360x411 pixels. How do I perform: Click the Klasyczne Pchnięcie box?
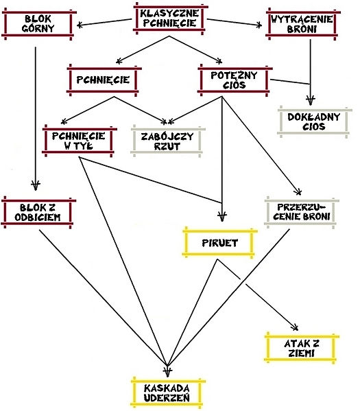tap(170, 19)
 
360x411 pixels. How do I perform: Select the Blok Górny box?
tap(39, 24)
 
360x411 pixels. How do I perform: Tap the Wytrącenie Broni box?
tap(303, 24)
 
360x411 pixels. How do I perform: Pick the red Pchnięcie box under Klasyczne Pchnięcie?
tap(104, 80)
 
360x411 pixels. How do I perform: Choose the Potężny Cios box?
tap(235, 80)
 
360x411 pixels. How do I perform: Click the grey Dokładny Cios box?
tap(315, 121)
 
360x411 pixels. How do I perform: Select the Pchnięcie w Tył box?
tap(80, 141)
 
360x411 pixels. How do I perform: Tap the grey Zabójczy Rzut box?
tap(168, 141)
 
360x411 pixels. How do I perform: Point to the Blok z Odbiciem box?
tap(38, 212)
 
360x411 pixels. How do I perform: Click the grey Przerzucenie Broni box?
tap(302, 212)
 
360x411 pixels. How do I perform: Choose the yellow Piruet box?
tap(220, 243)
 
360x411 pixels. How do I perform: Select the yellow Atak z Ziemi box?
tap(302, 348)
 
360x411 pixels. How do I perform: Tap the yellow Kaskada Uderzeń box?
tap(168, 393)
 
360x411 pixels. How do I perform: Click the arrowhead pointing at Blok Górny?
tap(80, 25)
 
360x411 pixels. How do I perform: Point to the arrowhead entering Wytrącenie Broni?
tap(259, 25)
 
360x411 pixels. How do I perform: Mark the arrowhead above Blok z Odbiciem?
tap(36, 185)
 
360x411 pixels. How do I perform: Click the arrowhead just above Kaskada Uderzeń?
tap(167, 372)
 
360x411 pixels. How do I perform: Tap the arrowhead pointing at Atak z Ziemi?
tap(296, 327)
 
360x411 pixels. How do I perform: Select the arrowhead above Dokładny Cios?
tap(311, 100)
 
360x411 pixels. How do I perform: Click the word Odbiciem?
tap(38, 218)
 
